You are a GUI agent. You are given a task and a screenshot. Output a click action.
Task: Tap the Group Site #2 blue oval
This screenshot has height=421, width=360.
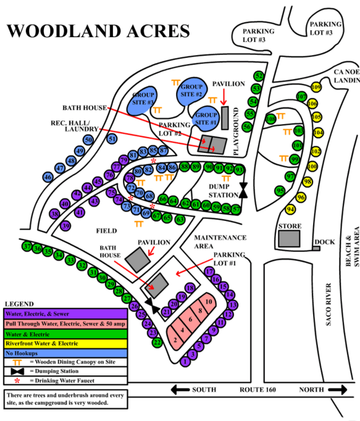191,94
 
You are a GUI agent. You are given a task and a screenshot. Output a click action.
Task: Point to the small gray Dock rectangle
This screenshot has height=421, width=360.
316,248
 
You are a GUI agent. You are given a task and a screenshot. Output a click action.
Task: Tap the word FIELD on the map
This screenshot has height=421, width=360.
106,231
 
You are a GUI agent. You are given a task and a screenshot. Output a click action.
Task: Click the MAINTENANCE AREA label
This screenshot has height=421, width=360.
220,241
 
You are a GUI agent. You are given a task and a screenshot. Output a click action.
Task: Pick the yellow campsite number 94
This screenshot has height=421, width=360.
290,209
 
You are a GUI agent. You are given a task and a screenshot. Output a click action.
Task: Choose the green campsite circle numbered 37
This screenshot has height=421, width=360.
27,247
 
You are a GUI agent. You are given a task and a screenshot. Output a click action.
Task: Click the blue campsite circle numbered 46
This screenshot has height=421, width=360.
48,177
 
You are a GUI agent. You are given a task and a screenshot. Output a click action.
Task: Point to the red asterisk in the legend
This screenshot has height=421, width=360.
16,381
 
